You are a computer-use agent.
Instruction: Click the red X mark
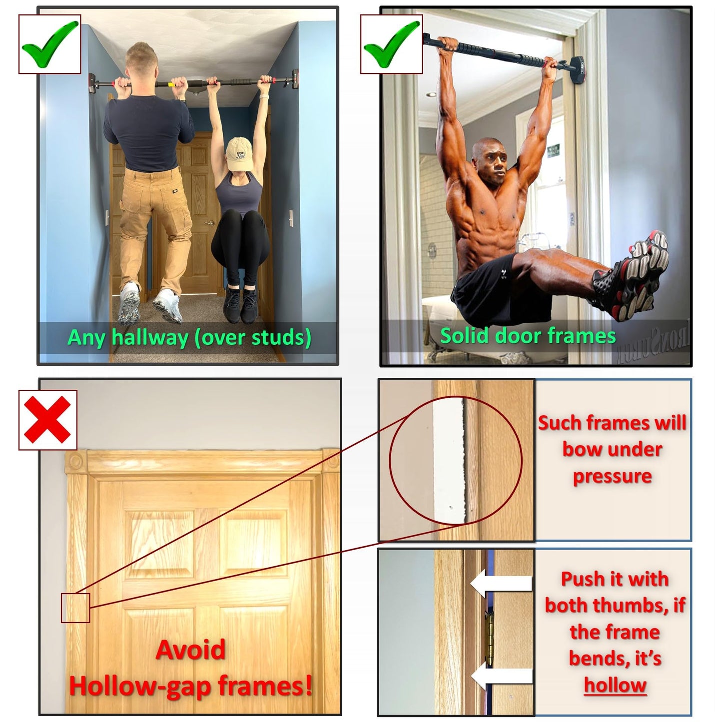pos(47,420)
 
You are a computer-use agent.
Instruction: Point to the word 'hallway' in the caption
pos(150,337)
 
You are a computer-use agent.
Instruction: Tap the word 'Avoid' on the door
pos(190,650)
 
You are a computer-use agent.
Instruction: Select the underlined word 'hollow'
pos(615,685)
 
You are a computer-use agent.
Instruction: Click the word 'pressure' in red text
pos(612,476)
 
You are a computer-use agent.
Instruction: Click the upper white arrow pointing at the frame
pos(501,584)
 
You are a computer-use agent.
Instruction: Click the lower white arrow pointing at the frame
pos(501,677)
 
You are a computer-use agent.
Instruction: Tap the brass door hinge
pos(491,640)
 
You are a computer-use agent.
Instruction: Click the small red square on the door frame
pos(75,608)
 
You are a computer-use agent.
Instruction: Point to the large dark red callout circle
pos(455,460)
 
